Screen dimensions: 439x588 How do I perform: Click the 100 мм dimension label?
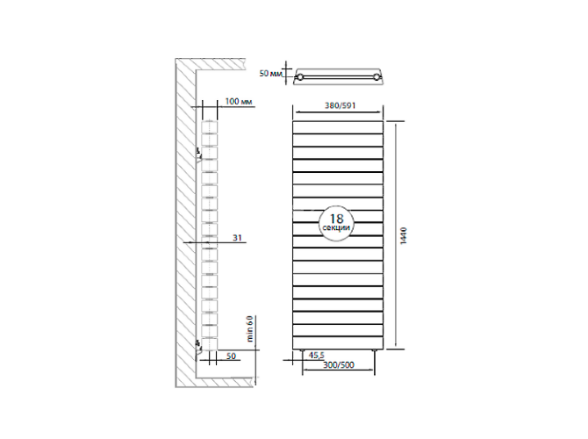[x=239, y=103]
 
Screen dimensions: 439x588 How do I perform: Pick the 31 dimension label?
[x=237, y=237]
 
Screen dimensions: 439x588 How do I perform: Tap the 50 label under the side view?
[x=231, y=356]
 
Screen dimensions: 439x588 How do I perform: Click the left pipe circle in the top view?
[x=301, y=78]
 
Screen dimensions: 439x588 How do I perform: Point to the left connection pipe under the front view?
[x=303, y=351]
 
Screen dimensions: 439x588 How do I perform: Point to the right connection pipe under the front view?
[x=375, y=351]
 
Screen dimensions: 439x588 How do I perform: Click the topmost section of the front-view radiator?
[x=338, y=126]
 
